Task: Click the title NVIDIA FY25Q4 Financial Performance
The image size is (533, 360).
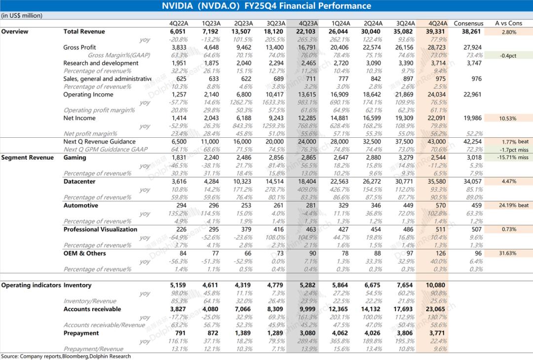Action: point(266,6)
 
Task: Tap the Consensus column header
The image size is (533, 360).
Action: point(468,23)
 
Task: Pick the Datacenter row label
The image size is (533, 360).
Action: point(79,182)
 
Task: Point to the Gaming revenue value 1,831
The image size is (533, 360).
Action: point(179,158)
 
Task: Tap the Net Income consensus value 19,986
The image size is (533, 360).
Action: point(472,119)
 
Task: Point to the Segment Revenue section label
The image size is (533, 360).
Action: point(27,158)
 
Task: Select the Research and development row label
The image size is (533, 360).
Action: point(101,63)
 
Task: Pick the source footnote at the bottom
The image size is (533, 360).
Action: point(66,356)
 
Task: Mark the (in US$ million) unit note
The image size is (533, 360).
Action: point(22,16)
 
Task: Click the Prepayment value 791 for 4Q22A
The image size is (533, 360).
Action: point(181,333)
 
